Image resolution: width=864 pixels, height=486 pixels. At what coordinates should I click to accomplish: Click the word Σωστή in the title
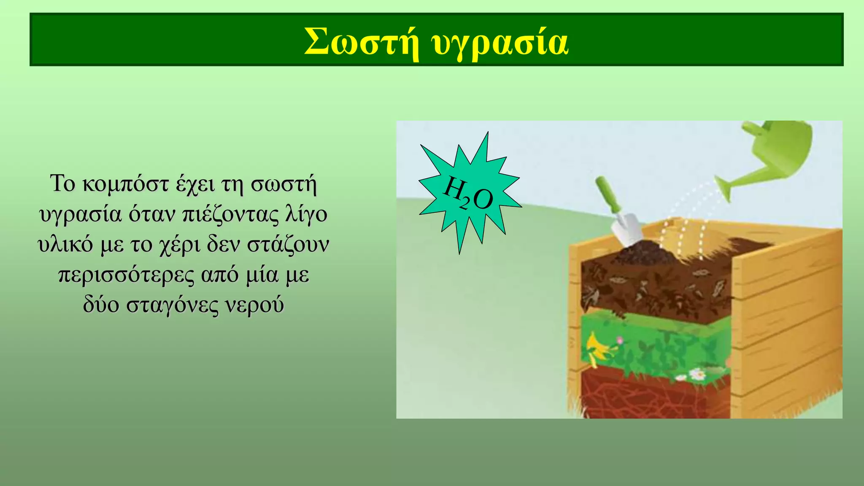362,42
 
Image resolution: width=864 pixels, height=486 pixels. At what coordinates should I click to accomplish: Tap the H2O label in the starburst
468,194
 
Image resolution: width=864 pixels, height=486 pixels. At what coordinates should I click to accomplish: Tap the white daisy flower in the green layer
697,374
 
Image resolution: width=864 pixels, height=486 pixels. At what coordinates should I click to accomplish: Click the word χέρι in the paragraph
180,245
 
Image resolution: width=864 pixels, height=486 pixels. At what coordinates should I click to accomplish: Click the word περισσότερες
126,275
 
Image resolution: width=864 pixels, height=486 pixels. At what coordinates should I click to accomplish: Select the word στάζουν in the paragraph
288,245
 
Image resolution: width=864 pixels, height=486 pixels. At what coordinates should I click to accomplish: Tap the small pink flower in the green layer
619,340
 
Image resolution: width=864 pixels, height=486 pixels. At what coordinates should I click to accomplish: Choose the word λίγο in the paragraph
306,214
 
